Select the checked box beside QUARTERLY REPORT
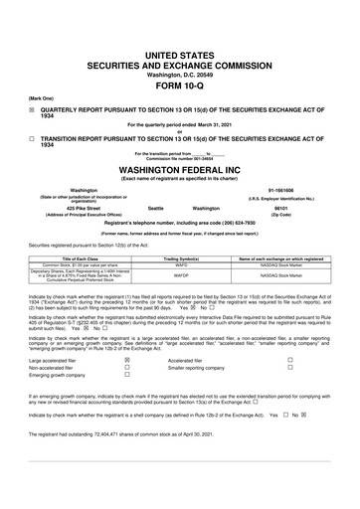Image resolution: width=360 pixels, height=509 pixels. (x=32, y=113)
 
